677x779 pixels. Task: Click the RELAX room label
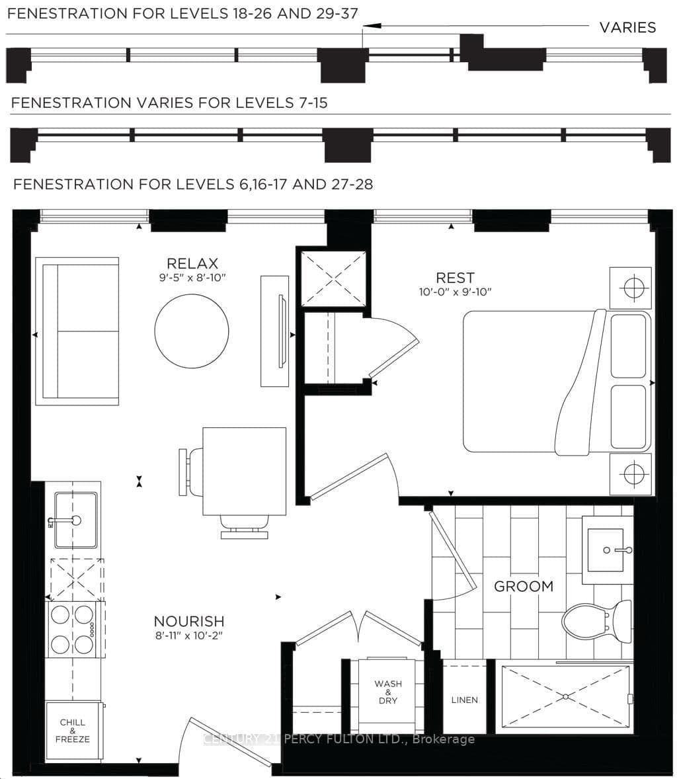(x=192, y=263)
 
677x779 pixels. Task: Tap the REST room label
(x=455, y=278)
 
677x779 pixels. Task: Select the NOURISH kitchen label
(x=188, y=621)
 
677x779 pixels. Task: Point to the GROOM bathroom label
(x=524, y=586)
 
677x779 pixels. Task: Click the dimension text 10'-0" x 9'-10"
(x=455, y=292)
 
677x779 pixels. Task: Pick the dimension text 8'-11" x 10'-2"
(x=188, y=635)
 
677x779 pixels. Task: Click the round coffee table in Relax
(x=192, y=331)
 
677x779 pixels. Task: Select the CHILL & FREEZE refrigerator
(x=73, y=730)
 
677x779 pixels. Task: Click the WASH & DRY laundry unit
(x=387, y=692)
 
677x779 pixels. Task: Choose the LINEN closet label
(x=464, y=700)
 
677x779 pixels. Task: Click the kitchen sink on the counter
(x=75, y=520)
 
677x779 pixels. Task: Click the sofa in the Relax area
(x=77, y=331)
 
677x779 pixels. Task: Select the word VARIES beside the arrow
(x=627, y=27)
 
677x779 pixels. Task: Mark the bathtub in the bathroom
(x=565, y=696)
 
